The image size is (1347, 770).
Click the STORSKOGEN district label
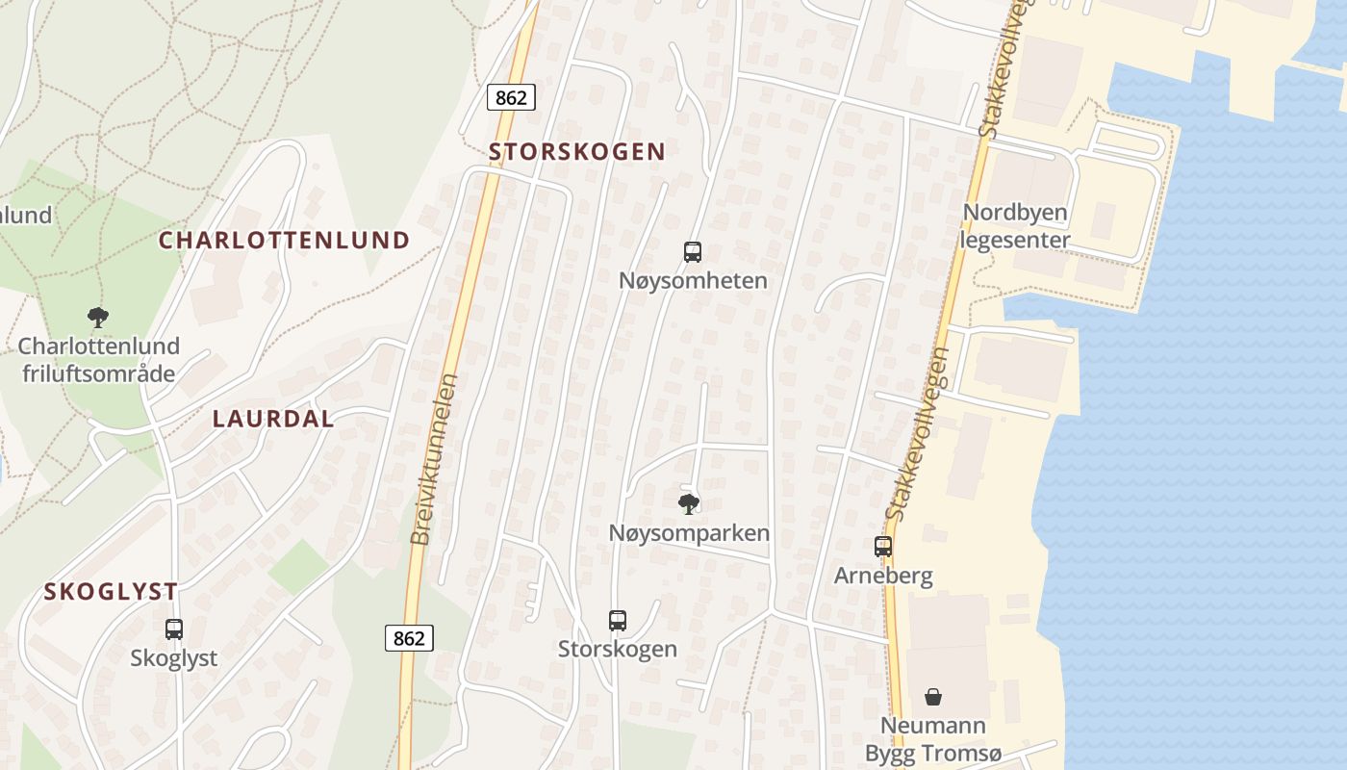577,152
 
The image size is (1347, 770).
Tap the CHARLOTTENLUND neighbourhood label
285,241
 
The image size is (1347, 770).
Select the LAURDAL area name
273,419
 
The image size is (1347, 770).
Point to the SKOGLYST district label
111,592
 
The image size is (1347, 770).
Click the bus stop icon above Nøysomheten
692,252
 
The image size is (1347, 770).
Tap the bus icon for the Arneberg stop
883,547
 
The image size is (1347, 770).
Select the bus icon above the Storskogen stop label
618,621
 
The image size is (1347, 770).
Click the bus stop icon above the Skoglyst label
174,629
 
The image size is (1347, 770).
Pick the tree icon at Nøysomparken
689,503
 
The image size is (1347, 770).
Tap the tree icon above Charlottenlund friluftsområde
98,317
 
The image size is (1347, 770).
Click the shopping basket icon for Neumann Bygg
932,697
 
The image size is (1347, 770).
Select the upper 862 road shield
511,97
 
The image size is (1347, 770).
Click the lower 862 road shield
410,637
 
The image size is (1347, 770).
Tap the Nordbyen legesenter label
1016,226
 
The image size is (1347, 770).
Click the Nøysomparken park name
689,532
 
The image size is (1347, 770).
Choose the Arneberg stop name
883,577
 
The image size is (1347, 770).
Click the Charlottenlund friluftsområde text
98,359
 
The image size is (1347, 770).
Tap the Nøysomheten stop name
693,281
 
